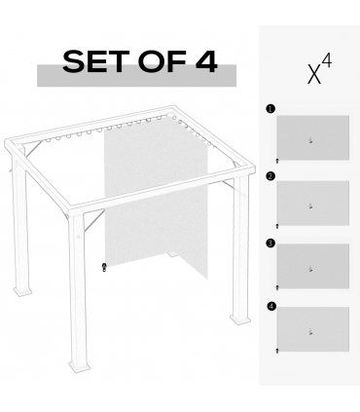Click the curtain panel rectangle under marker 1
(x=312, y=138)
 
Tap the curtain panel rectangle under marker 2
(x=312, y=203)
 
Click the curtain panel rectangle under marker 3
(x=312, y=266)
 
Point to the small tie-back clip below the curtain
(x=103, y=266)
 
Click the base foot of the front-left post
(x=23, y=292)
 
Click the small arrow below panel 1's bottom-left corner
(x=277, y=159)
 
